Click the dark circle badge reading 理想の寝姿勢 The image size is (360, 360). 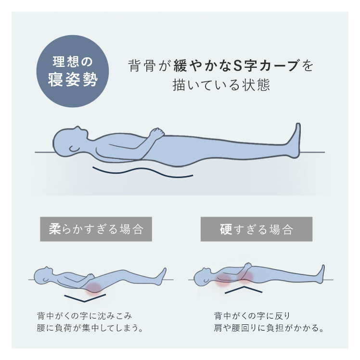tap(73, 71)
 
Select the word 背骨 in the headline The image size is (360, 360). tap(142, 65)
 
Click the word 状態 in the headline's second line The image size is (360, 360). tap(256, 85)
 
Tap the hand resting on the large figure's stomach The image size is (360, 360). tap(157, 133)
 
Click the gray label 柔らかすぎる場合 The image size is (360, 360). tap(96, 229)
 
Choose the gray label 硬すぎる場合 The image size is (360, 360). tap(257, 229)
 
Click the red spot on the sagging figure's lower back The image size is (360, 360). tap(93, 288)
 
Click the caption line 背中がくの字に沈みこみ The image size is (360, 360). tap(84, 316)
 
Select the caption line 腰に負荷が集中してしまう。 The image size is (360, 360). tap(90, 328)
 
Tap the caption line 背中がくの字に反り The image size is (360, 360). tap(252, 316)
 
